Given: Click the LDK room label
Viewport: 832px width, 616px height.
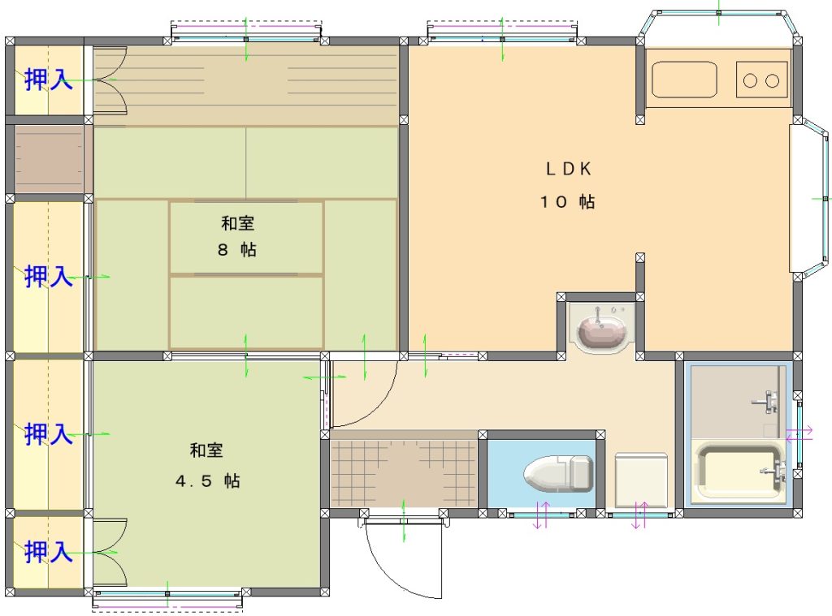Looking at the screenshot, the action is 568,169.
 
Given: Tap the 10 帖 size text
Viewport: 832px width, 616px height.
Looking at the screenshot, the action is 567,201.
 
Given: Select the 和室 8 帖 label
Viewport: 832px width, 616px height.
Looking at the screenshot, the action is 237,236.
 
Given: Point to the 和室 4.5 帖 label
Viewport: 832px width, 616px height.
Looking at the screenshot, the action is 207,465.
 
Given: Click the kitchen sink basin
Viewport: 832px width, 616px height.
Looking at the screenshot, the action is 684,80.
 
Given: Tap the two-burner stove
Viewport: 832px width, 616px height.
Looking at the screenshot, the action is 761,80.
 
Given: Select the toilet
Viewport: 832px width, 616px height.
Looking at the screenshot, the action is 557,473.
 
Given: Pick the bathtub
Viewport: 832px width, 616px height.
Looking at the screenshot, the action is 739,473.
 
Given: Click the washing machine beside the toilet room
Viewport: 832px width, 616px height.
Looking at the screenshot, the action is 641,480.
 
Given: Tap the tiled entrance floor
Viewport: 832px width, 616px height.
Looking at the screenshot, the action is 403,469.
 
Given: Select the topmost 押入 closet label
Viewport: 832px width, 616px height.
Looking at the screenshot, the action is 48,80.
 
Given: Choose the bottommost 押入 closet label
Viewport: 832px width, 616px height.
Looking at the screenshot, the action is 48,552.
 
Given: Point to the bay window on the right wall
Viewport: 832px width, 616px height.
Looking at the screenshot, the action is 810,198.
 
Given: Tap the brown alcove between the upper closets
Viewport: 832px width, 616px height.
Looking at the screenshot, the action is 49,159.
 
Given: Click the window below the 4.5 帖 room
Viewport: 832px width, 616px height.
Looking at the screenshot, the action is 167,598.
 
